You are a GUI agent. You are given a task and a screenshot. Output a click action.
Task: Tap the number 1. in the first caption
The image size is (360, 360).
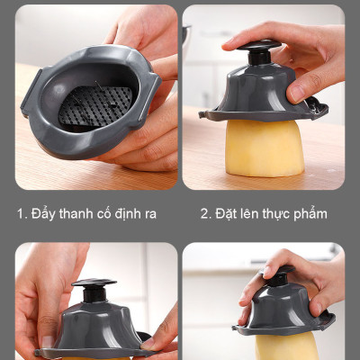click(x=22, y=214)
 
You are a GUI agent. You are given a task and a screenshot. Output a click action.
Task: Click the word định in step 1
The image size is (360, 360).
click(x=138, y=214)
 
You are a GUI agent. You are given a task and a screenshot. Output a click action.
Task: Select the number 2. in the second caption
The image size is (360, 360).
click(x=206, y=214)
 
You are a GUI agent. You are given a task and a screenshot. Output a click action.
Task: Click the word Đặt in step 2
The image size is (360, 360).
click(x=227, y=214)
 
